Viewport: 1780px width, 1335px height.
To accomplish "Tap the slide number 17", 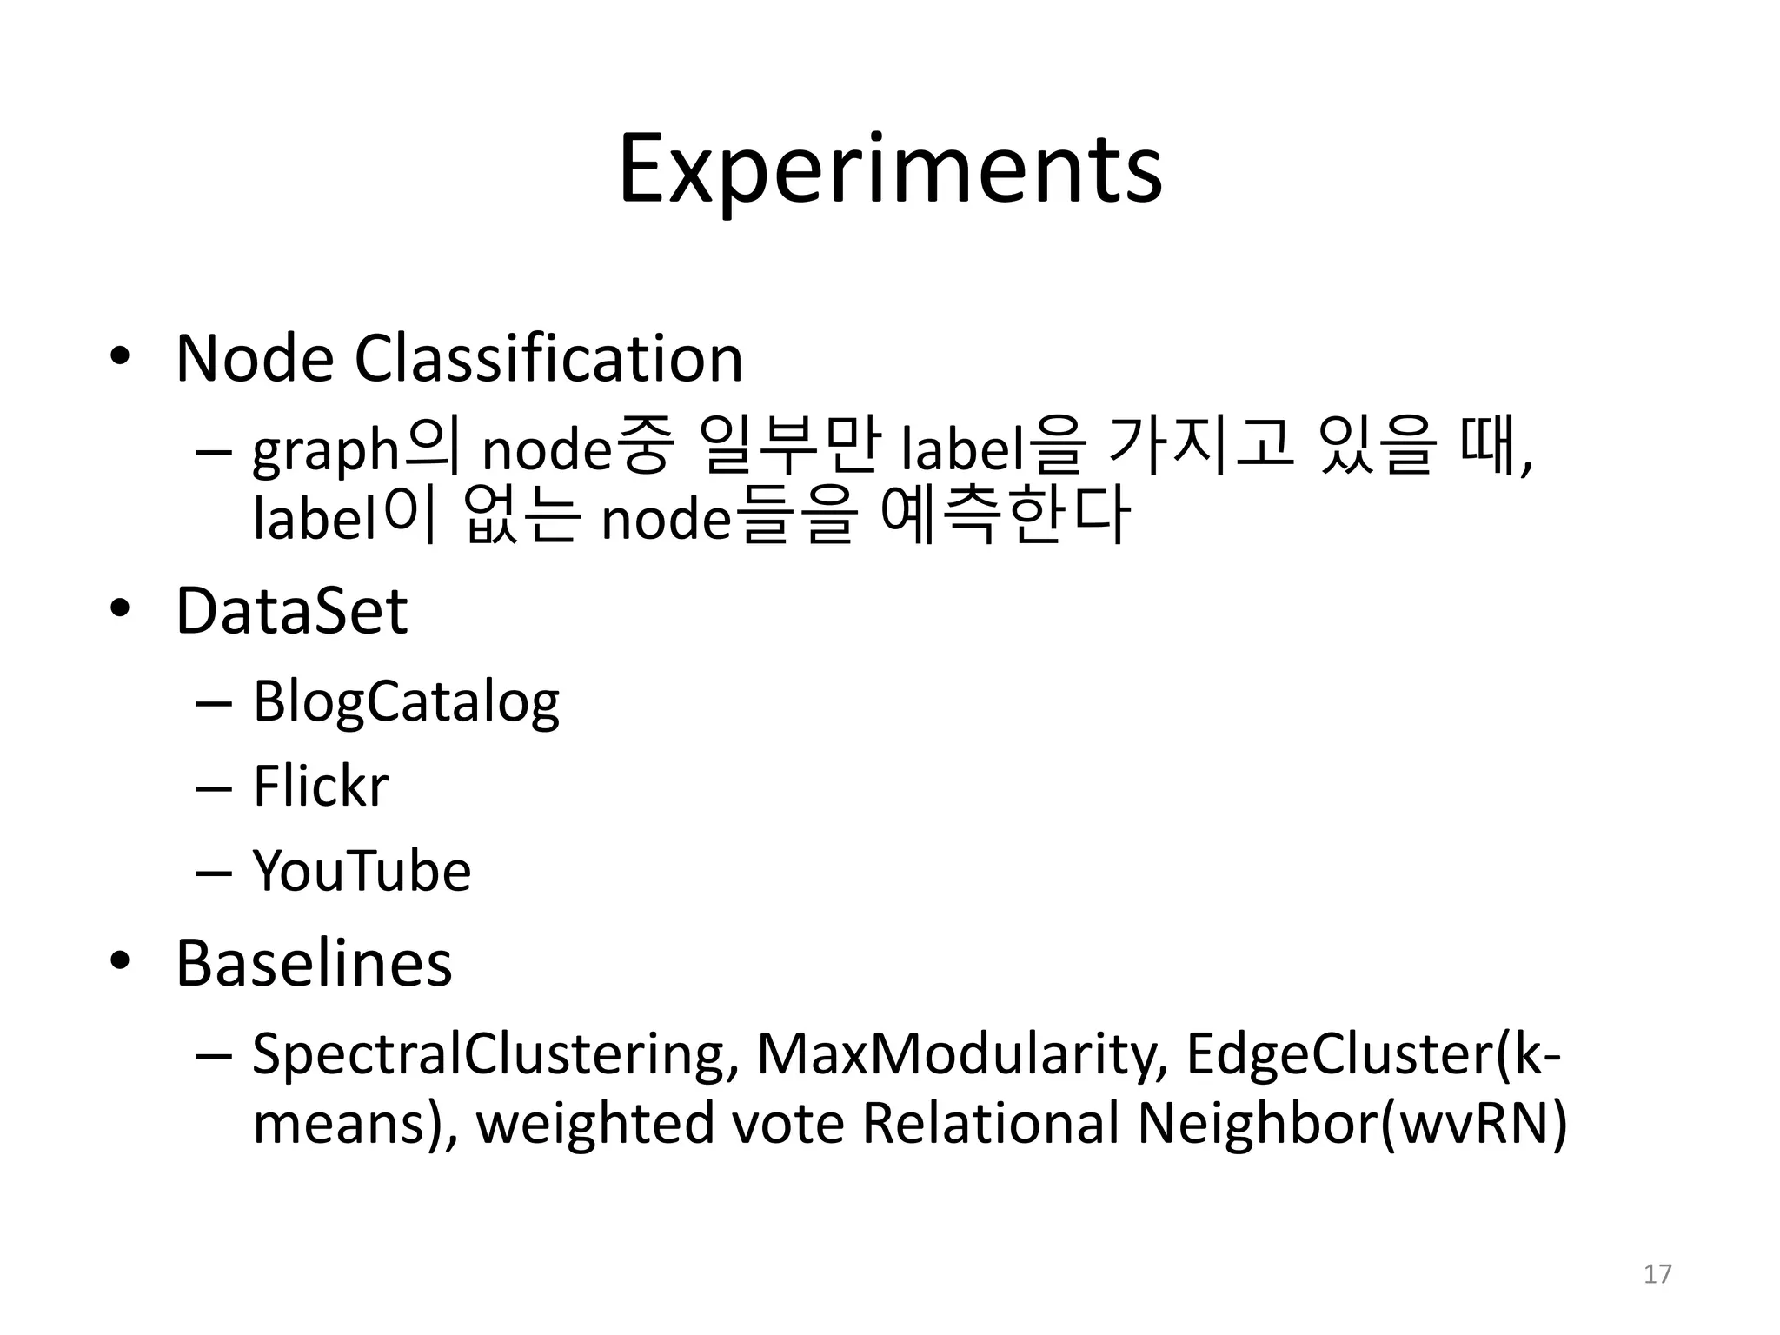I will click(x=1657, y=1274).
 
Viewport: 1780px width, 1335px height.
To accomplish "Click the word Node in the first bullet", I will click(x=255, y=358).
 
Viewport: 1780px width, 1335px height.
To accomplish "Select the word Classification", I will click(x=548, y=358).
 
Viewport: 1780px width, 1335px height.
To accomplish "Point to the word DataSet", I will click(x=292, y=611).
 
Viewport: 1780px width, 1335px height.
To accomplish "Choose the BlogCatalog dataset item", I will click(x=406, y=702).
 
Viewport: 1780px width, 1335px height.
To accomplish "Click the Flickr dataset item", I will click(x=321, y=786).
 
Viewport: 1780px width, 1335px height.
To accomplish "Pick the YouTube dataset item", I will click(x=362, y=870).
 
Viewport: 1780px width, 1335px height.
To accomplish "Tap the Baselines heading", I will click(x=314, y=963).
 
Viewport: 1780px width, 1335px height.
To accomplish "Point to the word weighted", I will click(x=594, y=1123).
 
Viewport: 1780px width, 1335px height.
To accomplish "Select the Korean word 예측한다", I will click(x=1005, y=516).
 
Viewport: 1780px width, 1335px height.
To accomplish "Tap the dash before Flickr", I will click(x=214, y=787).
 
